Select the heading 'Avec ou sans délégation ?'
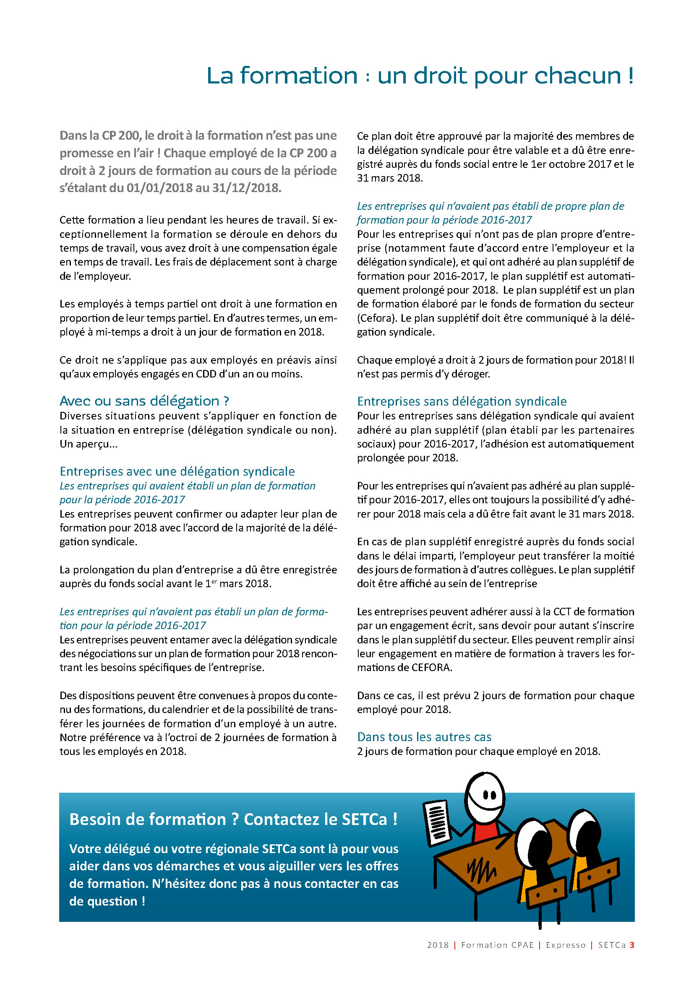144,401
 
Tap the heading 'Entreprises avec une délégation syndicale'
177,471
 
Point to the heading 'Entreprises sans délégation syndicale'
462,401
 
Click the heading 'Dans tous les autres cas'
424,737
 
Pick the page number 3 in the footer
631,945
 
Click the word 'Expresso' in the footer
565,945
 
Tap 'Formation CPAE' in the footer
498,945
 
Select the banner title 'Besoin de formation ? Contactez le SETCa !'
233,820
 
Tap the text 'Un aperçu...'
89,444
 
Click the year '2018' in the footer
438,945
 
